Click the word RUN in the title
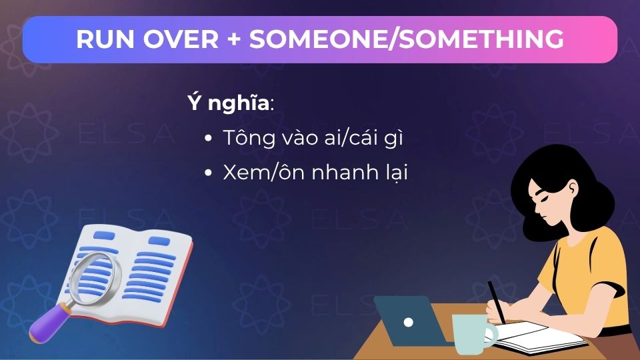[105, 39]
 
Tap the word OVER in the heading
[181, 39]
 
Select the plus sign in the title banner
[234, 39]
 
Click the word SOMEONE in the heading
[317, 39]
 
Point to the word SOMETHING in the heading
[481, 39]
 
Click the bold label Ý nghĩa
[229, 102]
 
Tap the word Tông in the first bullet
[244, 137]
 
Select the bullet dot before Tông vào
[208, 139]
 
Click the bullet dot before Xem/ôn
[208, 173]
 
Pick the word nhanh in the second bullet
[347, 172]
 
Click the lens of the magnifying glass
[95, 279]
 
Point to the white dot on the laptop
[408, 323]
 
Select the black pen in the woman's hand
[497, 303]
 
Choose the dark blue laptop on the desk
[410, 321]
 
